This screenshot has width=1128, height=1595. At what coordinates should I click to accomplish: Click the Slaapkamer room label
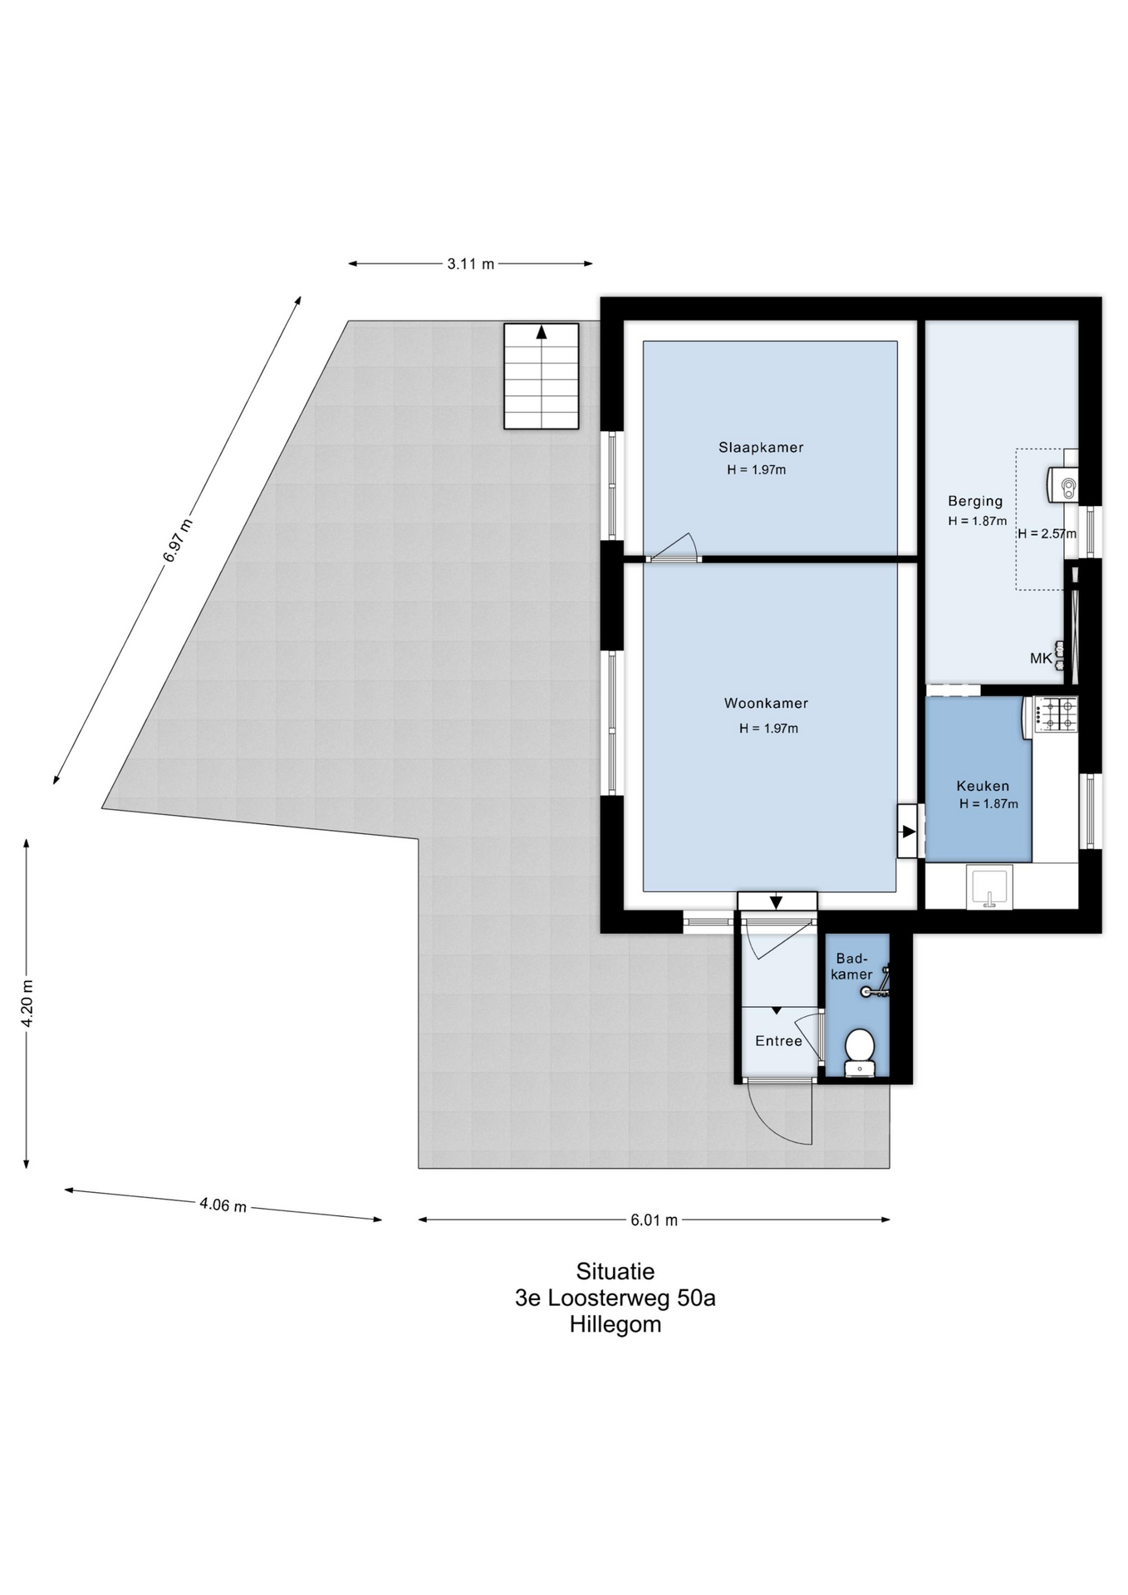point(761,448)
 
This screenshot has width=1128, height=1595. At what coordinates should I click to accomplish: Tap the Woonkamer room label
point(766,704)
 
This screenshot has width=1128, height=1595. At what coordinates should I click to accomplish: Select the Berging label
point(975,501)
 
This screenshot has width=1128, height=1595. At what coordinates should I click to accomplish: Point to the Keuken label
point(983,786)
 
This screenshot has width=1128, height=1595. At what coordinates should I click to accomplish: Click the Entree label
point(778,1041)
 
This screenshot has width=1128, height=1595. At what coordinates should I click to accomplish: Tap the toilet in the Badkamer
point(859,1053)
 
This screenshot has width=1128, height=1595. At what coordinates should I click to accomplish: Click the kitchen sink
point(989,887)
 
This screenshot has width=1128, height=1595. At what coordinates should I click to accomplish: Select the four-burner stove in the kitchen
point(1055,714)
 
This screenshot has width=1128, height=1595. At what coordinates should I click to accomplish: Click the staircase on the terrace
point(542,376)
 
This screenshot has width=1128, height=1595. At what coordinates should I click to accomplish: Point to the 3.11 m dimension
point(470,264)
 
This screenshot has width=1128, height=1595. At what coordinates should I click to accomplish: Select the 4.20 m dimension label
point(27,1004)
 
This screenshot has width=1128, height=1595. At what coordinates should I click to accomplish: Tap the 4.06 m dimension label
point(223,1205)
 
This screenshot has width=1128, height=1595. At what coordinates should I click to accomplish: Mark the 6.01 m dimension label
point(654,1220)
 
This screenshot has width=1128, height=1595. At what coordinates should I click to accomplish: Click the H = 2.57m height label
point(1047,534)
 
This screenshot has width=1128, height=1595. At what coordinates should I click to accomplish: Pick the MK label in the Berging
point(1041,659)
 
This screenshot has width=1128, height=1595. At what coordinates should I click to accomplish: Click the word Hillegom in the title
point(615,1324)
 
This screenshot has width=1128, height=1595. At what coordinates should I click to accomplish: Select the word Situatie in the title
point(615,1271)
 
